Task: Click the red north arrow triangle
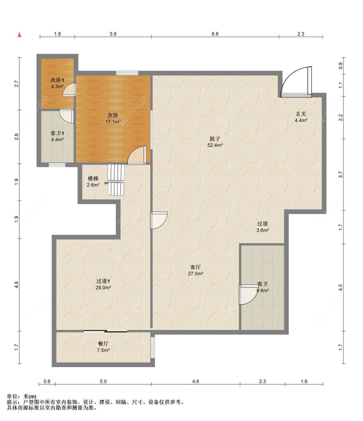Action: (20, 35)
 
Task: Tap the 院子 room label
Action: (215, 139)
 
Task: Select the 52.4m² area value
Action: (215, 145)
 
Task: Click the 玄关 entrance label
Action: (301, 114)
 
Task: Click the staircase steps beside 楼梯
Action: (116, 180)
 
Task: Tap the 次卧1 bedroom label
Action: (57, 80)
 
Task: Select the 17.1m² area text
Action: (113, 122)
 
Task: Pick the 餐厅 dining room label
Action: (103, 344)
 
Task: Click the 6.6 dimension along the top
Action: (215, 34)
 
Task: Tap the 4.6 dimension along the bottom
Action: (196, 381)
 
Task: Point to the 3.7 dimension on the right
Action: (340, 175)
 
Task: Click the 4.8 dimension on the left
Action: (16, 284)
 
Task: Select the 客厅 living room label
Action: (196, 267)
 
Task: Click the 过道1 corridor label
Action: (103, 281)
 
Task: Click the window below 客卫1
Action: (57, 165)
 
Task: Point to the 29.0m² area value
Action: (103, 288)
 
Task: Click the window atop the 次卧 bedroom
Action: (127, 73)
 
